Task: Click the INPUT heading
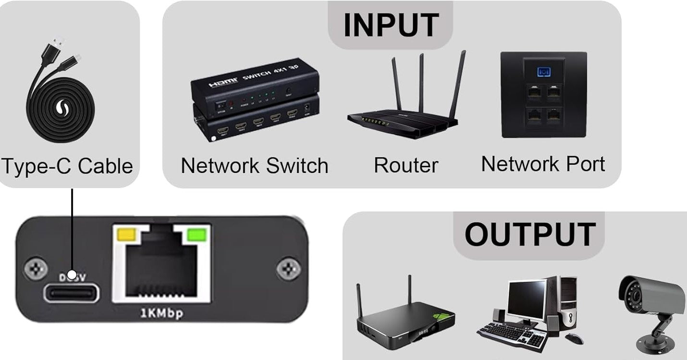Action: [x=391, y=25]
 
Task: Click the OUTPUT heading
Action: [x=529, y=235]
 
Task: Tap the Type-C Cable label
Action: [x=67, y=166]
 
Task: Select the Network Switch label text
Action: [x=255, y=166]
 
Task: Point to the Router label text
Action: [x=406, y=165]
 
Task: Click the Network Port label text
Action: [x=543, y=164]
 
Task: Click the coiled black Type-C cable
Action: [x=60, y=108]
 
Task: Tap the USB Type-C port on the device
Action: [x=72, y=293]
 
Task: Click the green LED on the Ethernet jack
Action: [x=197, y=234]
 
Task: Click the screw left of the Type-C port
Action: [x=36, y=269]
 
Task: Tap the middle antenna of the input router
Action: [x=421, y=82]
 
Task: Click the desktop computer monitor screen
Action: [x=527, y=298]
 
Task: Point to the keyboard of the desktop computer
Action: [x=514, y=334]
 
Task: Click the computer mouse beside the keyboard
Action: [x=574, y=338]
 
